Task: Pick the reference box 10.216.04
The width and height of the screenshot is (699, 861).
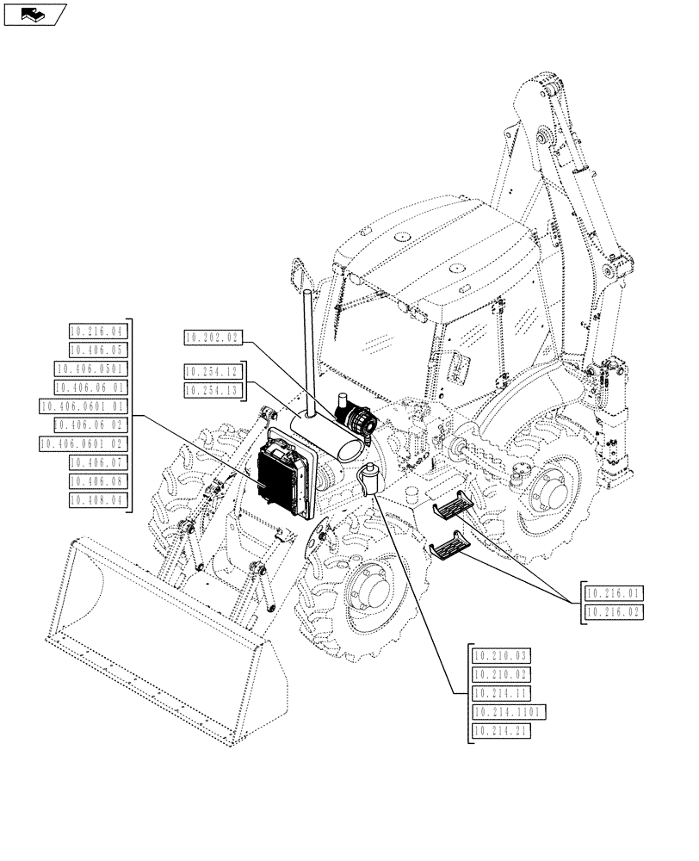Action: coord(96,331)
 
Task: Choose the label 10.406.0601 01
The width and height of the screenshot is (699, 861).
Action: coord(84,406)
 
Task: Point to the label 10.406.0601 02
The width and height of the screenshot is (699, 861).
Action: coord(84,443)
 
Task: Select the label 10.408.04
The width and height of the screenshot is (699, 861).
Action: coord(96,499)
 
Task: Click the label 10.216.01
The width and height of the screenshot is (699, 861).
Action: coord(614,593)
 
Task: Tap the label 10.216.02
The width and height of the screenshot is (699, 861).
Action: coord(614,612)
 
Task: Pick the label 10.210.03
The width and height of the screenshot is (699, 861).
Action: coord(502,656)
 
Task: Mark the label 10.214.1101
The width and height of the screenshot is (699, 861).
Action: coord(508,712)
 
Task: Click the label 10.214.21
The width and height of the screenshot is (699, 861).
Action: coord(502,731)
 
